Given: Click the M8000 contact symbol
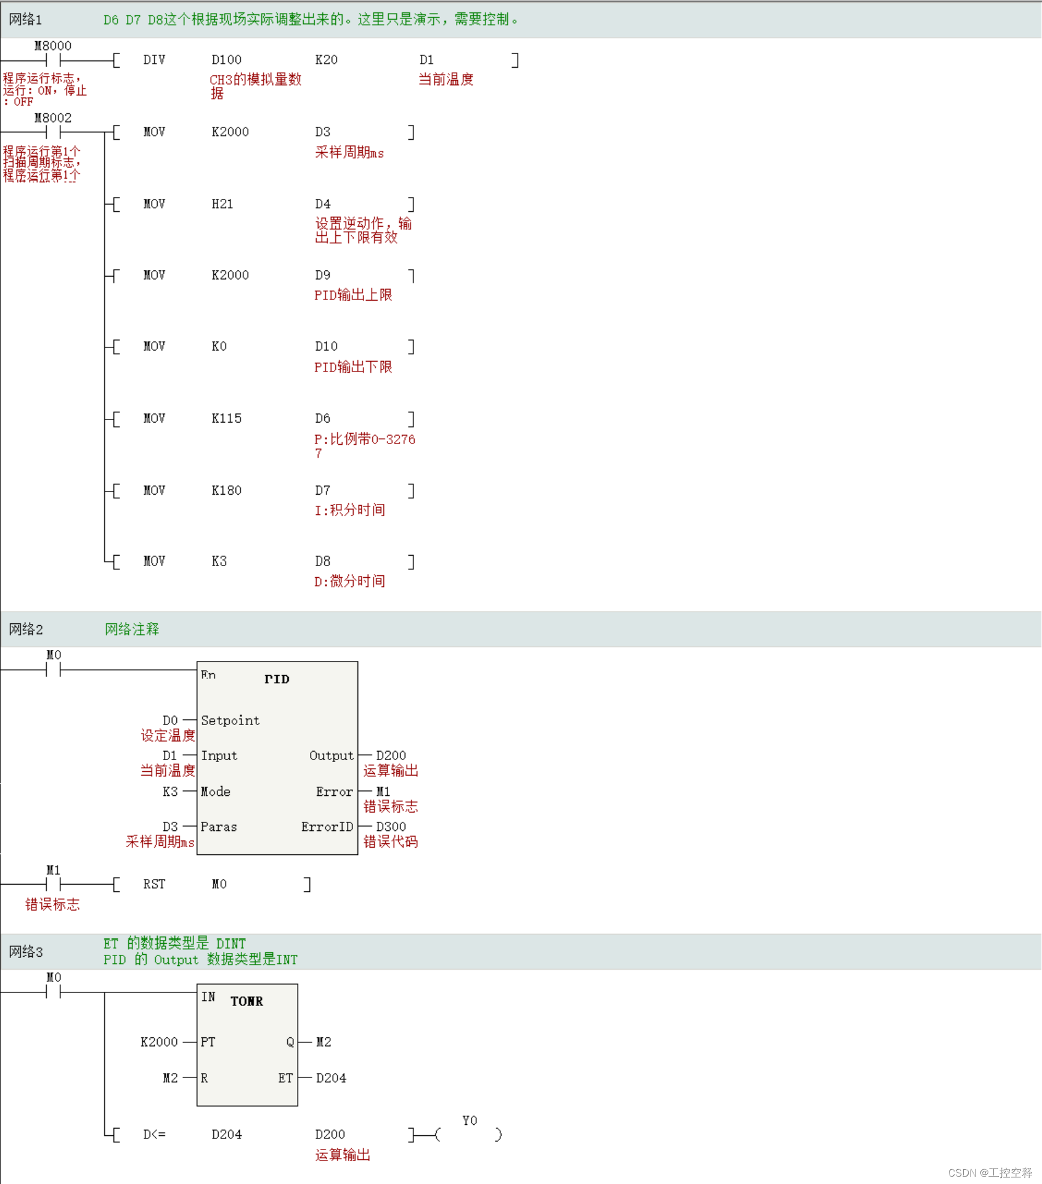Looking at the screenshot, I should (54, 60).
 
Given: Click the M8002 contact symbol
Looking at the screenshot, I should (54, 132).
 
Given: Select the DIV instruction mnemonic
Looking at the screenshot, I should (154, 60).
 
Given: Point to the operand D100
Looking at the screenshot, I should (226, 60).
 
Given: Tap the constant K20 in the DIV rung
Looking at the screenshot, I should (326, 60).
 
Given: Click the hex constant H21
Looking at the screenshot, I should (222, 204).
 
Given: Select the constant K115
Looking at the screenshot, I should (226, 419).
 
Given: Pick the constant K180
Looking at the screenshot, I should (226, 490).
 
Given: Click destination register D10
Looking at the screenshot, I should (326, 346).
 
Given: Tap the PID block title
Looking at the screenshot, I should (277, 679).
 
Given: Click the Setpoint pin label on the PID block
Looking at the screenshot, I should (230, 720).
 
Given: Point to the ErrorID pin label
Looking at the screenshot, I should (327, 827).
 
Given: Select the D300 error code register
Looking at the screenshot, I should (391, 827).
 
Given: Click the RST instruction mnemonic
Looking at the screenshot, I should (154, 884).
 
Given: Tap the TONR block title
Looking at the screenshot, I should (246, 1001).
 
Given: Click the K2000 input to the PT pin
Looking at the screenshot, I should (159, 1042).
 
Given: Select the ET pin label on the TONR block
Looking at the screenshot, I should (285, 1078).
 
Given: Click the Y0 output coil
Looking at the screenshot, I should (469, 1133).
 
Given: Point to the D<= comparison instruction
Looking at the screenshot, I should (154, 1134).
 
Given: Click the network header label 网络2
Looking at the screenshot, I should (26, 629).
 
